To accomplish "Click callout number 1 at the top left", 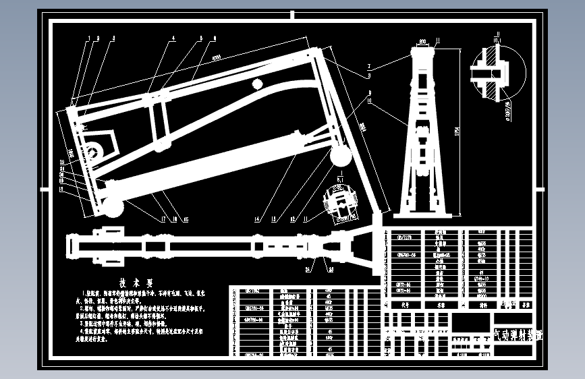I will click(x=90, y=38).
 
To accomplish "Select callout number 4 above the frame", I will click(x=173, y=38).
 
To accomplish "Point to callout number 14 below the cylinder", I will click(x=257, y=219).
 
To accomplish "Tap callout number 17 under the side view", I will click(x=163, y=219).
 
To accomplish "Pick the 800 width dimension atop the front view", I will click(x=423, y=42).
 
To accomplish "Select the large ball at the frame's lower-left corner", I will click(x=113, y=207).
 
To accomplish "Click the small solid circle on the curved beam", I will click(x=256, y=83).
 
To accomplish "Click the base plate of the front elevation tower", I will click(x=423, y=215).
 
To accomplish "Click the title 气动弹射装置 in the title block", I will click(x=518, y=334).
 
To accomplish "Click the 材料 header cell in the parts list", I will click(x=482, y=304).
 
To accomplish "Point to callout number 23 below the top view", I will click(x=331, y=268).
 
